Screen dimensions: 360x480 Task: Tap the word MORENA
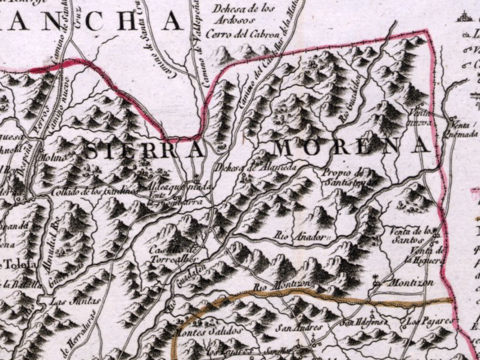point(351,146)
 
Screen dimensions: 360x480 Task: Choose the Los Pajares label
point(428,322)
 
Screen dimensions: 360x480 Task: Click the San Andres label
point(299,328)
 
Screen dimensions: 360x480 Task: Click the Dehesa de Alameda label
point(254,167)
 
